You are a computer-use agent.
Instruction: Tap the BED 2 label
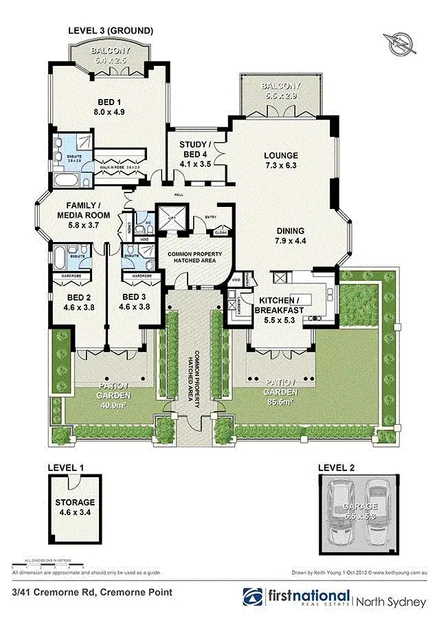[79, 303]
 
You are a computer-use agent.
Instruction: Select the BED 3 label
[135, 303]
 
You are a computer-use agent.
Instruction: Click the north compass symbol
[398, 44]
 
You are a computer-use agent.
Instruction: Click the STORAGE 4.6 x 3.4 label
[76, 507]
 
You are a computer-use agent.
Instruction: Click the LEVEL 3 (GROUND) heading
[110, 30]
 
